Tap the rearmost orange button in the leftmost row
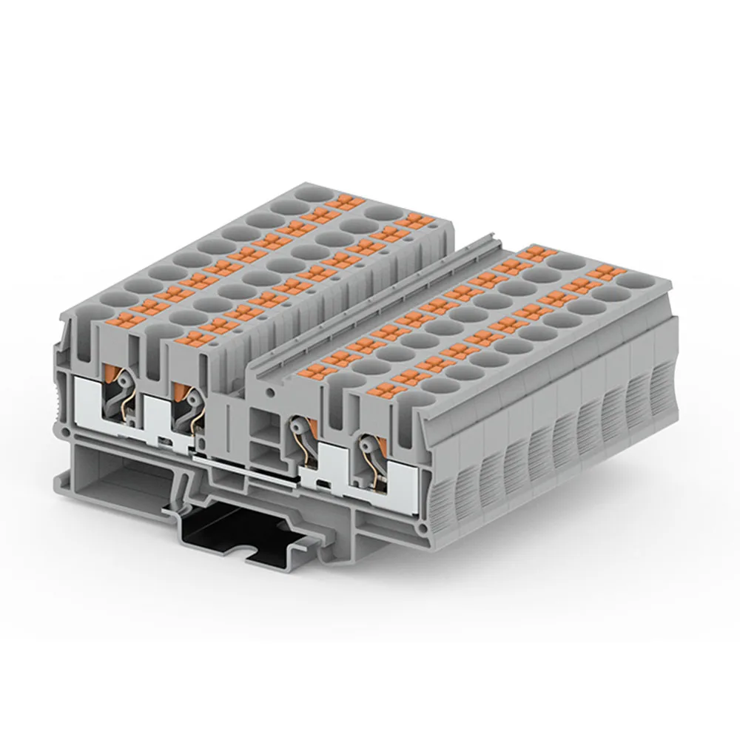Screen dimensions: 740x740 coord(342,201)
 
